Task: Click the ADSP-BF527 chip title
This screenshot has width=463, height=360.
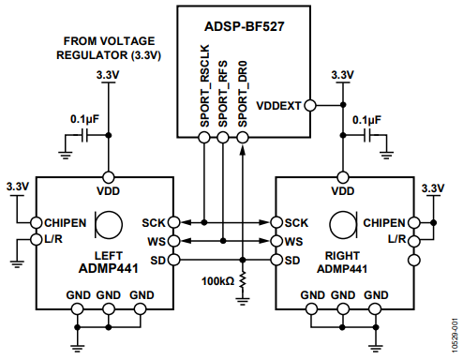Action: click(x=245, y=26)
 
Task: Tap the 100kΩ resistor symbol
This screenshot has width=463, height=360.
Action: click(x=243, y=280)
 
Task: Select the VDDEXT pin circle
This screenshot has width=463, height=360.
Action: click(x=310, y=106)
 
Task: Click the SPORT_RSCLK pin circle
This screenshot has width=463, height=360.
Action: click(x=204, y=137)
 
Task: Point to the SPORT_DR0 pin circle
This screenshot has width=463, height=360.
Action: click(x=243, y=137)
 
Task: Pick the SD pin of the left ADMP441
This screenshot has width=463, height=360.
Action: click(x=174, y=260)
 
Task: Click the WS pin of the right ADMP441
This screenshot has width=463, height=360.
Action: click(x=276, y=241)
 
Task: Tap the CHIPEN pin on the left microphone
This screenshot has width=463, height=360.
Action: click(x=37, y=223)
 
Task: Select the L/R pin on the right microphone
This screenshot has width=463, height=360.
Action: click(x=414, y=241)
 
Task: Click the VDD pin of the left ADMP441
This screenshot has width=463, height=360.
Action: click(x=109, y=177)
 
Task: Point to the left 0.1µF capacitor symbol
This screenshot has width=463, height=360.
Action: click(x=84, y=135)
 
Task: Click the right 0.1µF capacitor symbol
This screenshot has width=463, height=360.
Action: click(x=367, y=135)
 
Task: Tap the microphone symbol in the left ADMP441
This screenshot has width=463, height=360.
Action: click(x=109, y=224)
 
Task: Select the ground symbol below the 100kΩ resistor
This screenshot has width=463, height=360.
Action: click(x=243, y=301)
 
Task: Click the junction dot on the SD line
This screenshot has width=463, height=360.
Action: click(x=243, y=260)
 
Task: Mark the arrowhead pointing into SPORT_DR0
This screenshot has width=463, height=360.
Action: click(x=243, y=149)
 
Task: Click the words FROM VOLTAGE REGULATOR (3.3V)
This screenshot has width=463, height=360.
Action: click(x=109, y=48)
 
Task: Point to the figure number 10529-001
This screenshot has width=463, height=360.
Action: click(x=456, y=336)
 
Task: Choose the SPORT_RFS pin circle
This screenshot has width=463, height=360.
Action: click(x=223, y=137)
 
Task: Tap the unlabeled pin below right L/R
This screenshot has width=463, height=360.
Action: click(x=414, y=260)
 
